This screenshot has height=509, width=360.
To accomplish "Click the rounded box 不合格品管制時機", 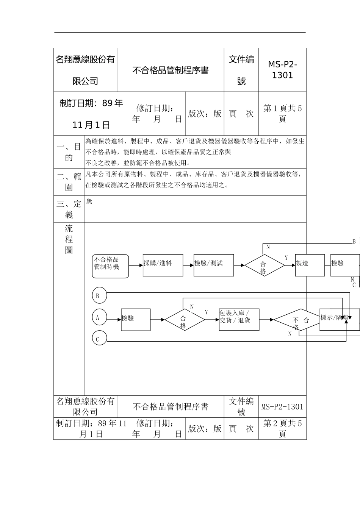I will (110, 266).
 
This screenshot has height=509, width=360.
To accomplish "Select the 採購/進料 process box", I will (163, 265).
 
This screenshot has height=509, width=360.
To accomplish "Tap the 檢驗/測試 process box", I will (214, 265).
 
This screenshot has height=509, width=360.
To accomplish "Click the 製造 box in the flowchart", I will (310, 265).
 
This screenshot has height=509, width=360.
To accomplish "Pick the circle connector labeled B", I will (99, 296).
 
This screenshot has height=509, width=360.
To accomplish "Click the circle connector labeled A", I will (99, 317).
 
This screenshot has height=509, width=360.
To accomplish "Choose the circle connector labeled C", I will (99, 339).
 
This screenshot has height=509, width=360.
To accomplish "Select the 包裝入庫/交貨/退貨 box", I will (239, 320).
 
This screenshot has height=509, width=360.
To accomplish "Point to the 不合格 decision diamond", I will (297, 320).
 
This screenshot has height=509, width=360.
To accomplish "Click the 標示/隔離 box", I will (339, 319).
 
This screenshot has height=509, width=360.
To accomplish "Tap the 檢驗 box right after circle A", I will (136, 320).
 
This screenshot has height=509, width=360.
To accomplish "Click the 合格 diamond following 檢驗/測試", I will (264, 265).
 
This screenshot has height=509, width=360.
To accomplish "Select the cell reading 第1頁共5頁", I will (282, 114).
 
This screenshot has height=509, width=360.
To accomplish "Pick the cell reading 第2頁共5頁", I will (282, 429).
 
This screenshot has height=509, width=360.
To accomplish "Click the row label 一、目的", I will (69, 152).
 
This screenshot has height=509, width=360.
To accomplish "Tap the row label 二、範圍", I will (69, 182).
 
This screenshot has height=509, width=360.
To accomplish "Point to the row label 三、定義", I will (69, 209).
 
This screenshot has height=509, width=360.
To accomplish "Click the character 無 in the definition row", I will (89, 201).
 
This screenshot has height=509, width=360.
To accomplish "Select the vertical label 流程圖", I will (69, 239).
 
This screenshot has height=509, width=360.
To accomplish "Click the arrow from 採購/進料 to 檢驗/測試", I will (188, 265).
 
